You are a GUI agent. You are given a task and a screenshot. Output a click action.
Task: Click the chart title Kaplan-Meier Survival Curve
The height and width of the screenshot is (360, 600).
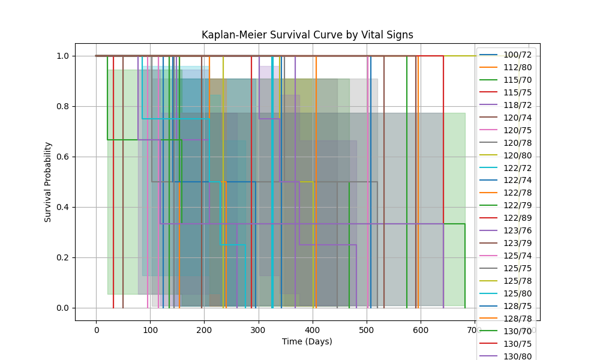point(307,35)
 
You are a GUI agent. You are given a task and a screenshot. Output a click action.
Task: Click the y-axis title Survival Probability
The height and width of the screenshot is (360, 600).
point(48,182)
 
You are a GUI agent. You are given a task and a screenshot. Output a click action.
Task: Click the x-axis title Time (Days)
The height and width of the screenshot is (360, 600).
point(307,341)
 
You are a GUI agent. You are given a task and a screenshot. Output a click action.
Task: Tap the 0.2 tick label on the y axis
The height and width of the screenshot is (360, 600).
point(62,257)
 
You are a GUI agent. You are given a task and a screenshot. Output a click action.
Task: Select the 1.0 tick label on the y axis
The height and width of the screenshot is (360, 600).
point(62,56)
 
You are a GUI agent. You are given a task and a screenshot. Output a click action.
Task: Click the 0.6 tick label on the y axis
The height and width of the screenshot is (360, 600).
point(62,157)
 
